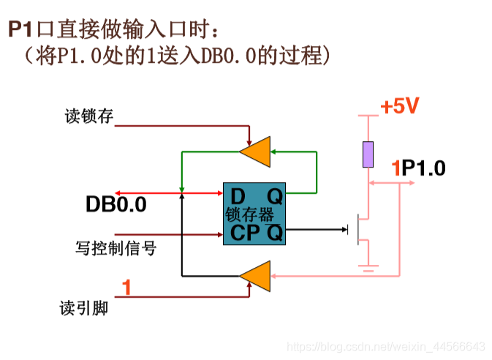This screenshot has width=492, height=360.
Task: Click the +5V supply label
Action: [x=400, y=107]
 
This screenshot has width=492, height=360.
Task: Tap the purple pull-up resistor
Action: [x=368, y=154]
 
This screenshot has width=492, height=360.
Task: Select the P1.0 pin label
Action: [x=423, y=168]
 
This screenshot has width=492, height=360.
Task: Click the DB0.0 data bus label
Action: [x=116, y=205]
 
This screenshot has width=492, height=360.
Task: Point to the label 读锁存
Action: [x=90, y=116]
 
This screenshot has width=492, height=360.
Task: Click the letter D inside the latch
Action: [x=238, y=197]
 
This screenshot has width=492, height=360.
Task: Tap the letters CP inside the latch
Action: [x=245, y=233]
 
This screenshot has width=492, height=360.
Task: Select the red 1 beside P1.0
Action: [x=396, y=168]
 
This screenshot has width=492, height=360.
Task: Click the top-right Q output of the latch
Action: [x=274, y=197]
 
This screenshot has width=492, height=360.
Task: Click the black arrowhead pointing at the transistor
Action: [x=344, y=230]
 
